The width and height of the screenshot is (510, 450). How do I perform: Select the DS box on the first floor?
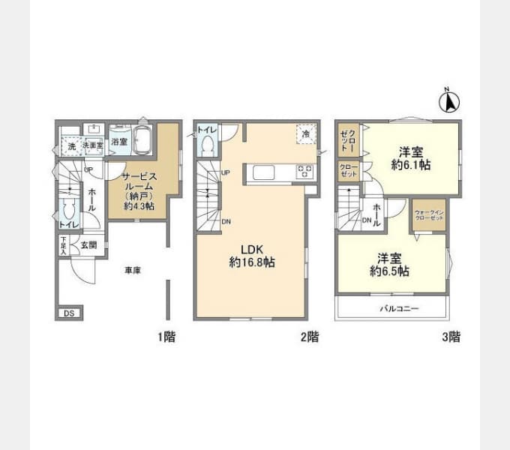67,313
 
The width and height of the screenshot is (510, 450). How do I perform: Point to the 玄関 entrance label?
88,245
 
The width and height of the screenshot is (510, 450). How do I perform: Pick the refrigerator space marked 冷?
305,132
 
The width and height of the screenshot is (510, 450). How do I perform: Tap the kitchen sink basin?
265,172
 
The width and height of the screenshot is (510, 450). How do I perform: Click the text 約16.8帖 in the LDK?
251,262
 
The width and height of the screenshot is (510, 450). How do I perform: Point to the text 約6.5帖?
389,271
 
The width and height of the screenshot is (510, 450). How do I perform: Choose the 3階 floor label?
450,337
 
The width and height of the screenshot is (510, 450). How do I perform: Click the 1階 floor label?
166,337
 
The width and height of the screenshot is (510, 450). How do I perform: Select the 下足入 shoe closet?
64,247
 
